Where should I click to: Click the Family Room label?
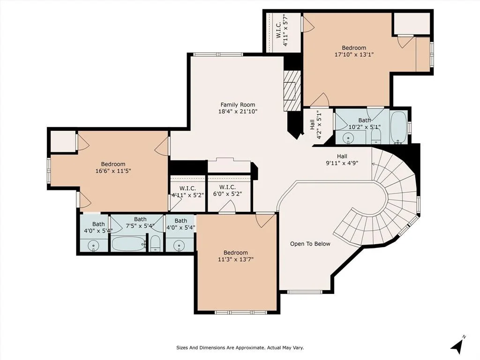[x=238, y=105]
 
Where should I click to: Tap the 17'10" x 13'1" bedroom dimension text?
[x=354, y=55]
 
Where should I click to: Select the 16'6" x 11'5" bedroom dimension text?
[x=113, y=171]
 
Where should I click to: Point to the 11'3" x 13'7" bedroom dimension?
[x=236, y=260]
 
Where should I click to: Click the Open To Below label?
[x=310, y=244]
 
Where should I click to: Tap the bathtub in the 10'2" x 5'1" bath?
[x=399, y=127]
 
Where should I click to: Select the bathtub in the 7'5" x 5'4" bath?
[x=128, y=244]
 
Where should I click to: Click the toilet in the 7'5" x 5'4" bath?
[x=156, y=244]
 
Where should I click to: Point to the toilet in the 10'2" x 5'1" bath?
[x=376, y=136]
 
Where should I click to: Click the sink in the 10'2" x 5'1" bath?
[x=348, y=138]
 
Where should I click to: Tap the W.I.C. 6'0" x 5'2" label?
[x=227, y=190]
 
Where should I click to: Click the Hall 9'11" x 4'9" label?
[x=342, y=159]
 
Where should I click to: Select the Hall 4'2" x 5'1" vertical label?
[x=315, y=125]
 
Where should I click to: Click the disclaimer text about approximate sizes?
[x=240, y=348]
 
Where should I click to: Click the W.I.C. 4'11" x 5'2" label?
[x=187, y=192]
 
